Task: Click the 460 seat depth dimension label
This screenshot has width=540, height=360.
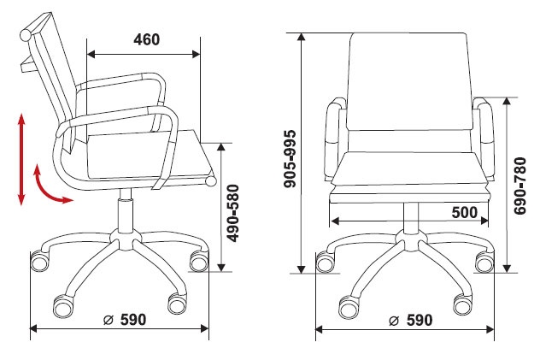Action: (147, 39)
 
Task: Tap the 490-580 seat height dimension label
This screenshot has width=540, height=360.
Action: (233, 213)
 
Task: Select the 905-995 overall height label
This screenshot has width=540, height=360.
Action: (290, 158)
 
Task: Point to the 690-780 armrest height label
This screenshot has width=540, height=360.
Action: (520, 186)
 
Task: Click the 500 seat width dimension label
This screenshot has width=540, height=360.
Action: (465, 213)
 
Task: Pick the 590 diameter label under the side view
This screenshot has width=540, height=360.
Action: (133, 320)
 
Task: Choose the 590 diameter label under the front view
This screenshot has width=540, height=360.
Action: (420, 321)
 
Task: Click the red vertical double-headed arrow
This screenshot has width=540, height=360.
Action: (21, 159)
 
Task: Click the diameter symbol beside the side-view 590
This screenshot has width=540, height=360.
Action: (109, 321)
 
